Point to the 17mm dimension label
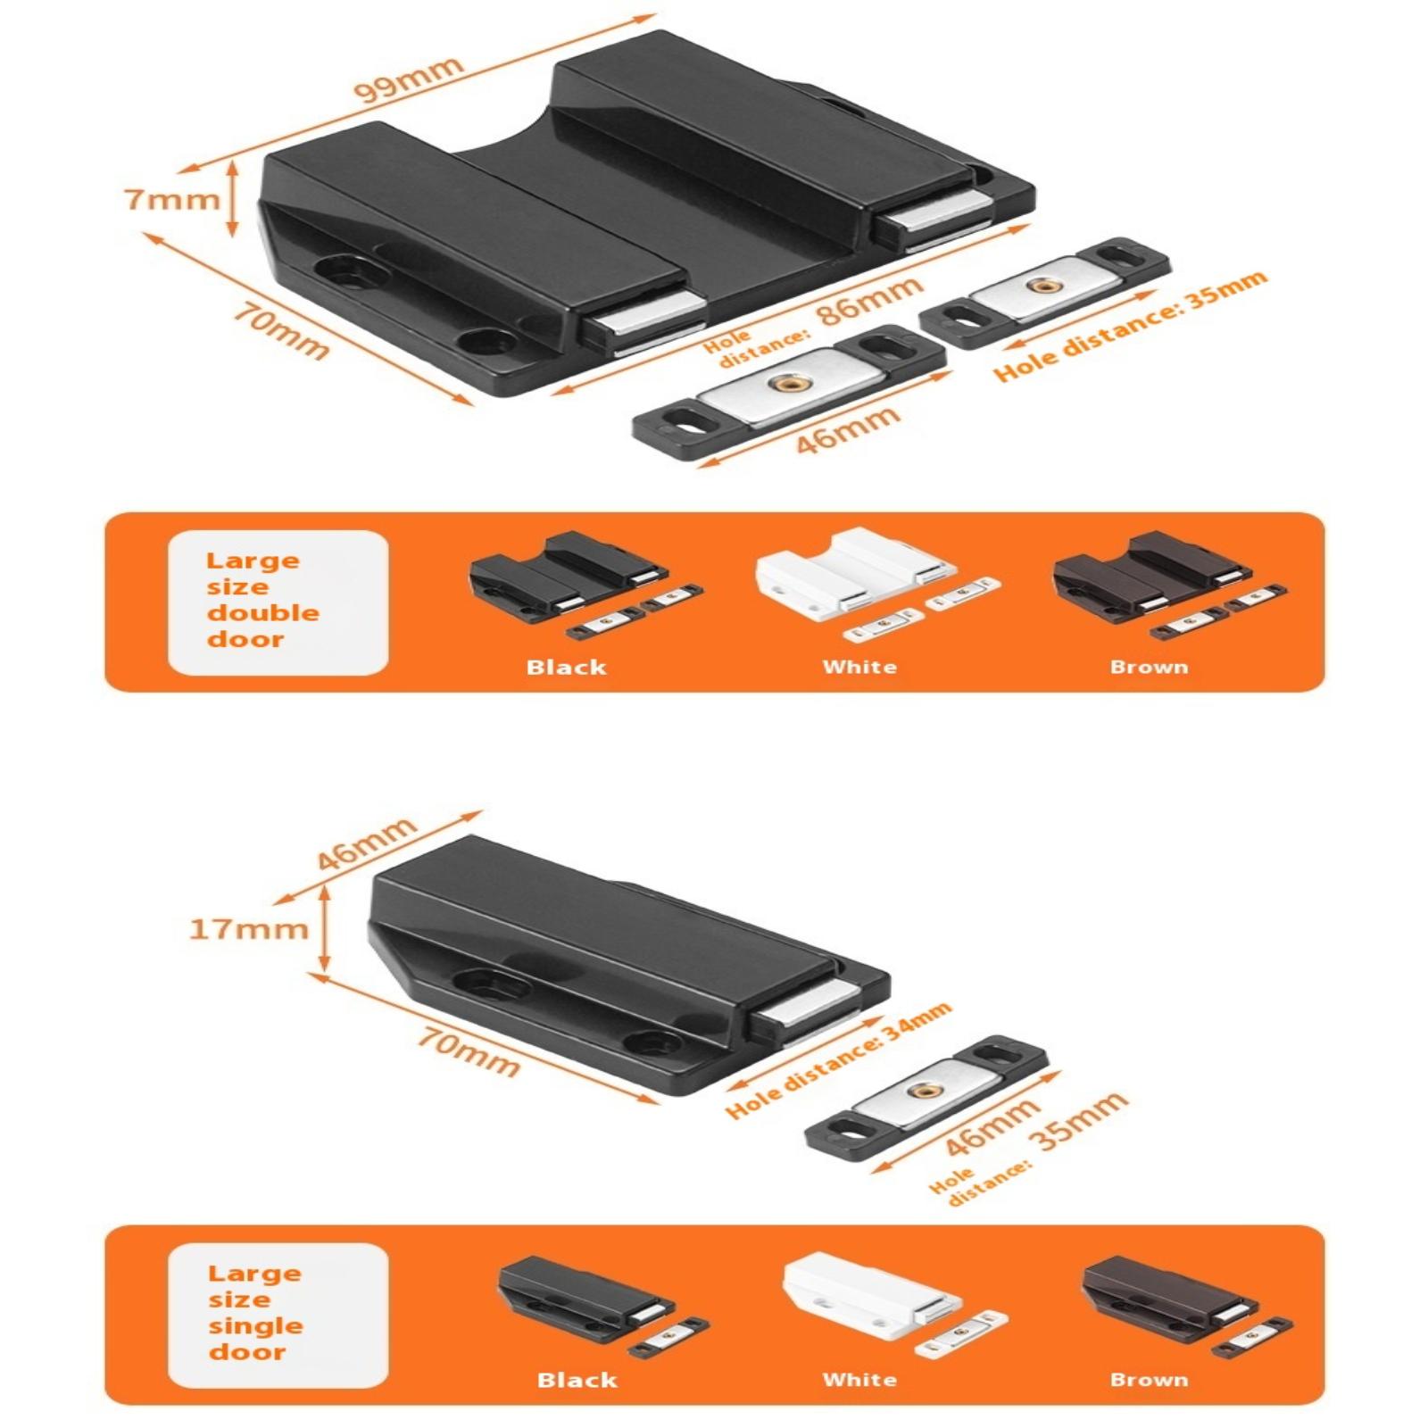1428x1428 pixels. tap(249, 929)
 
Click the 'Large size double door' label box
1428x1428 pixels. tap(278, 602)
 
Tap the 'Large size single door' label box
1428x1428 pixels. tap(278, 1315)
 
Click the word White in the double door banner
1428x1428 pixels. tap(859, 667)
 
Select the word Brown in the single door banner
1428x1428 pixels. tap(1150, 1380)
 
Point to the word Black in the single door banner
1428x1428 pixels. tap(577, 1380)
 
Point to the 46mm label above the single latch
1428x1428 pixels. tap(367, 843)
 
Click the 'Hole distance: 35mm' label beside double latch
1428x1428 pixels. tap(1131, 326)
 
